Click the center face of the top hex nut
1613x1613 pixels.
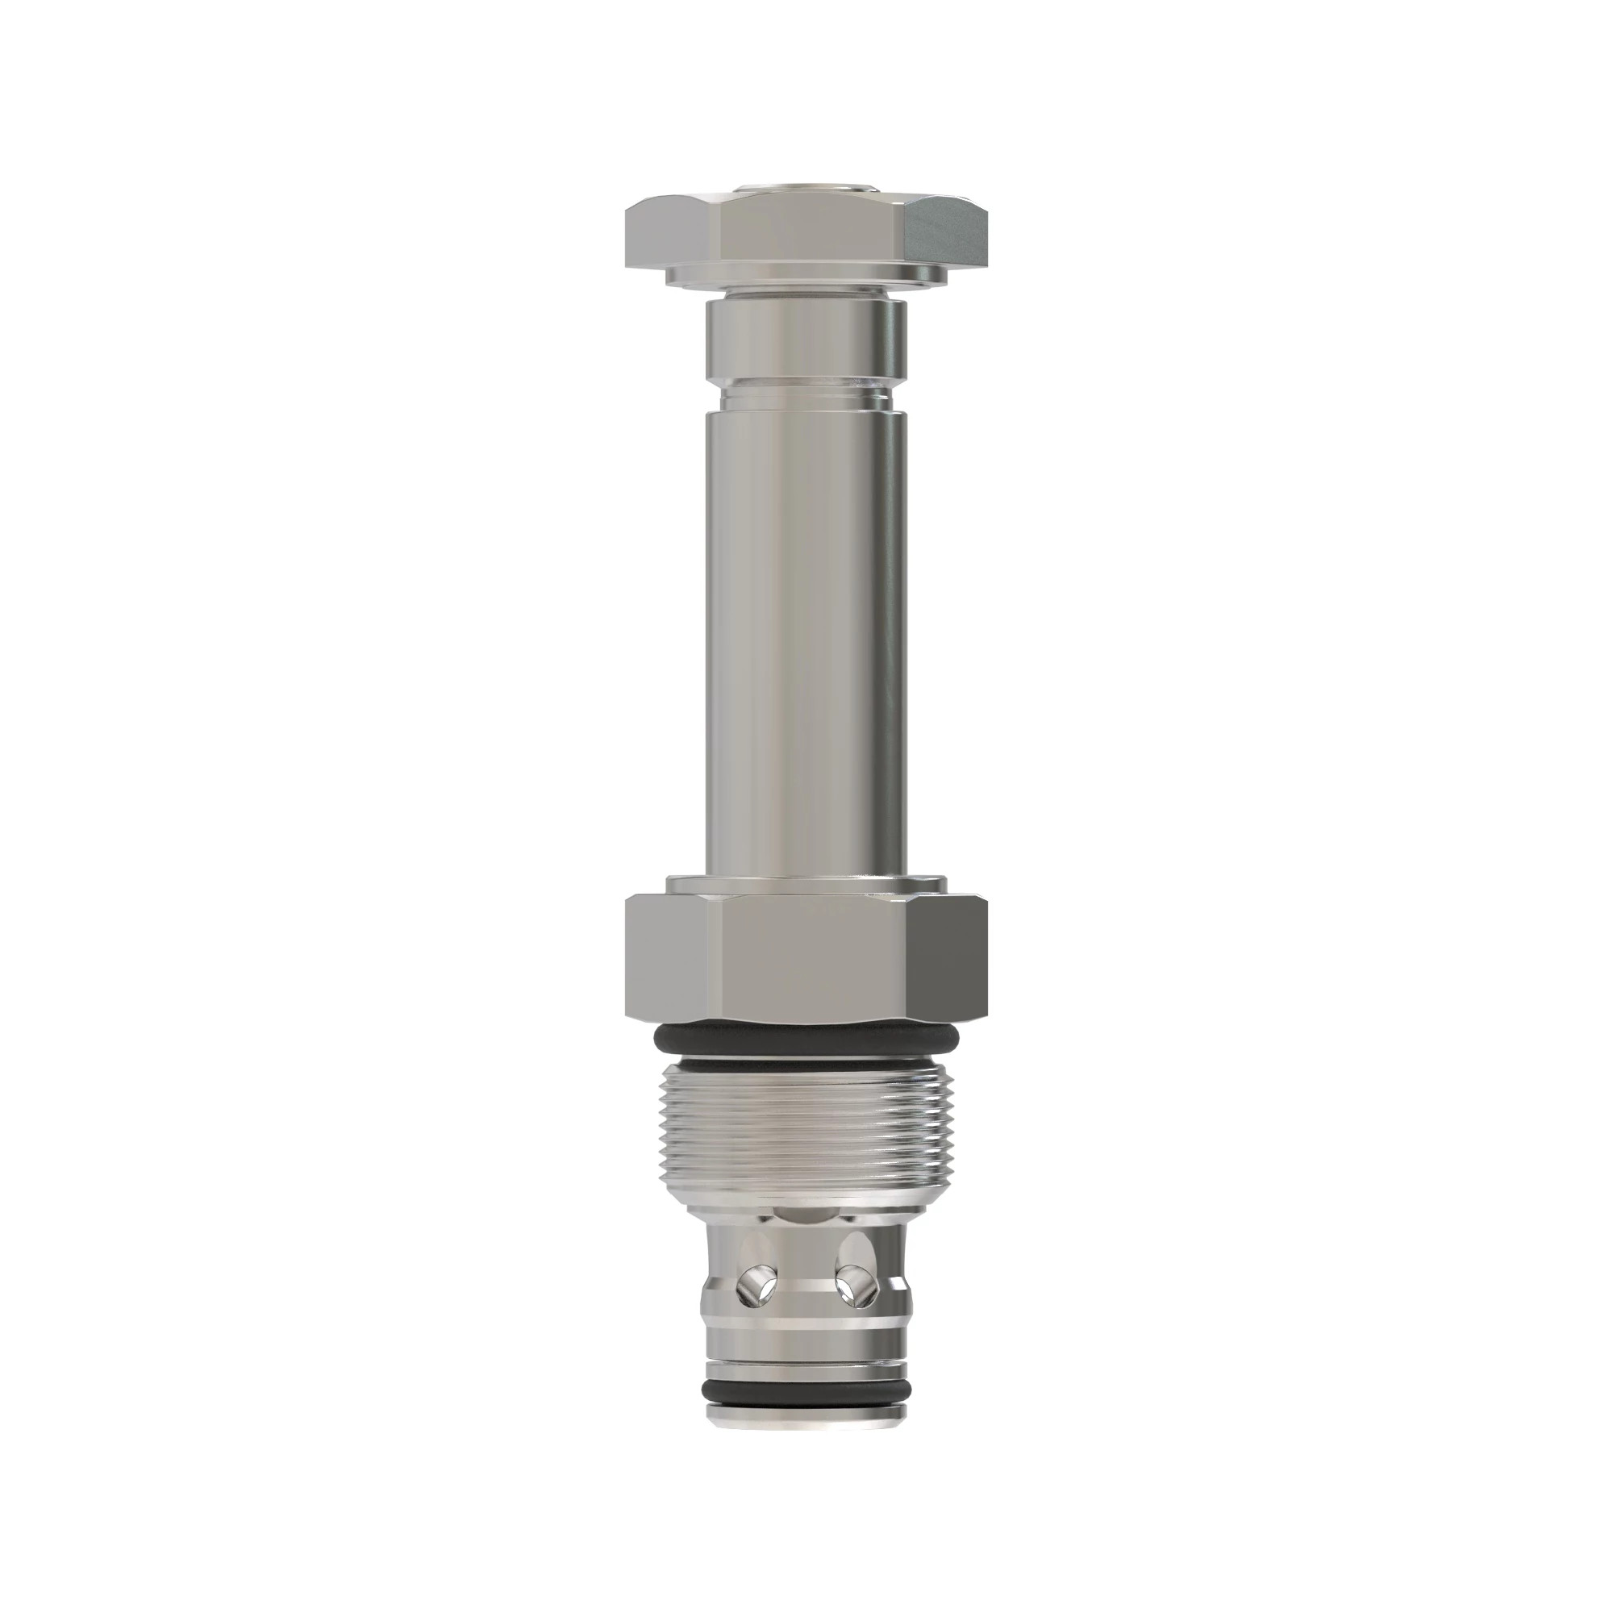806,234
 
